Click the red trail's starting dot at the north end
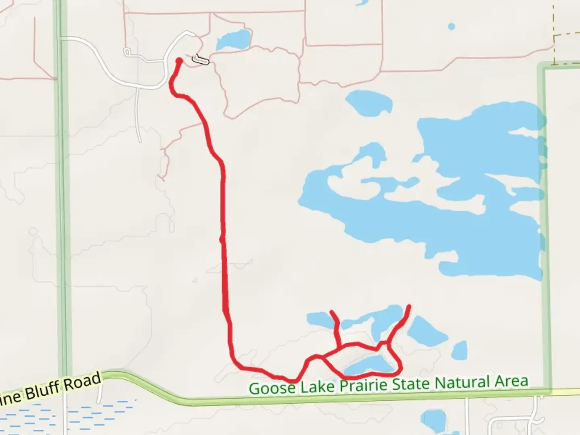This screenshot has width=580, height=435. pyautogui.click(x=179, y=61)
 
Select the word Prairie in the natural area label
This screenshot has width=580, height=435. pyautogui.click(x=364, y=385)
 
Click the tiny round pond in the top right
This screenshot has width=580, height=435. pyautogui.click(x=452, y=27)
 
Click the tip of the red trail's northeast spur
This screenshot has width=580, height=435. pyautogui.click(x=410, y=306)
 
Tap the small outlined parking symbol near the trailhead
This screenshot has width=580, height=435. pyautogui.click(x=201, y=60)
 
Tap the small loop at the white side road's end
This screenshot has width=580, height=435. pyautogui.click(x=128, y=52)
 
